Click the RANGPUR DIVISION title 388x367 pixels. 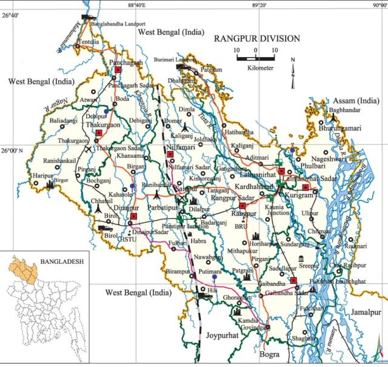tap(256, 38)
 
